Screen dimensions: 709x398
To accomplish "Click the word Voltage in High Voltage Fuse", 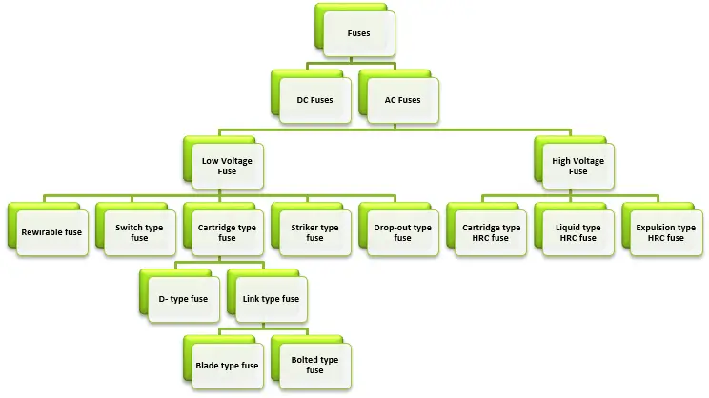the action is (x=588, y=161).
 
